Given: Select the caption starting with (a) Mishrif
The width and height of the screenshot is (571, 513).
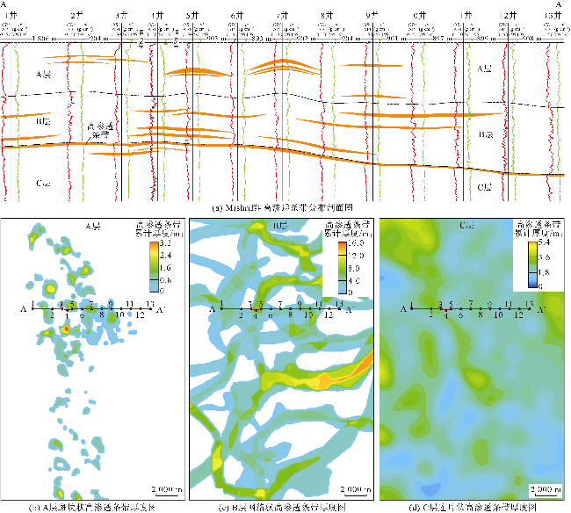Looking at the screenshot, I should [285, 208].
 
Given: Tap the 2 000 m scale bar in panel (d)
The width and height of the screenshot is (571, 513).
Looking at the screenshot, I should [545, 489].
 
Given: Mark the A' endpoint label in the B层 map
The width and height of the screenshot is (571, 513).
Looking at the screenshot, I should [350, 310].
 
